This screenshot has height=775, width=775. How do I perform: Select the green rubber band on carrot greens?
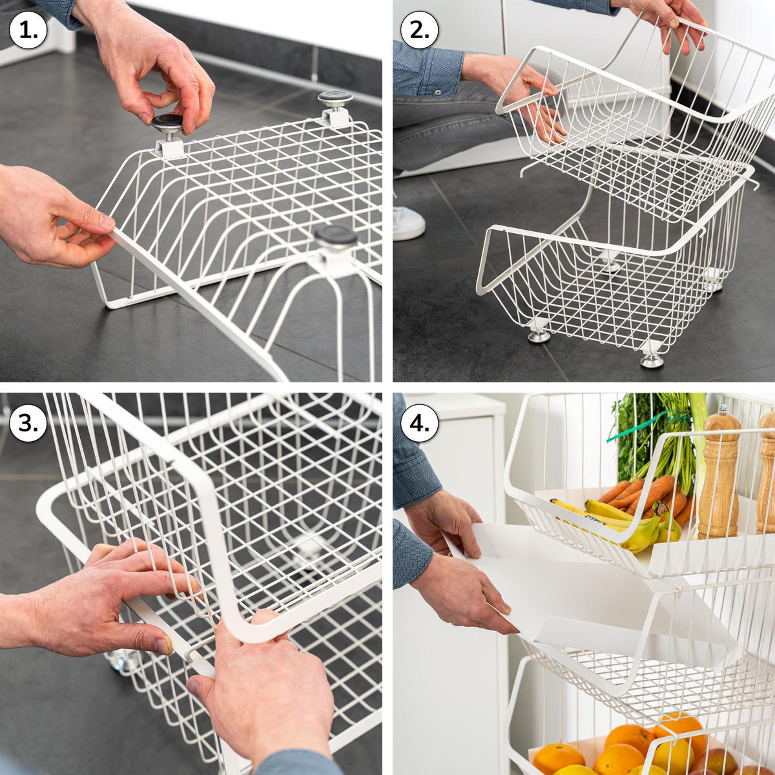(643, 426)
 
